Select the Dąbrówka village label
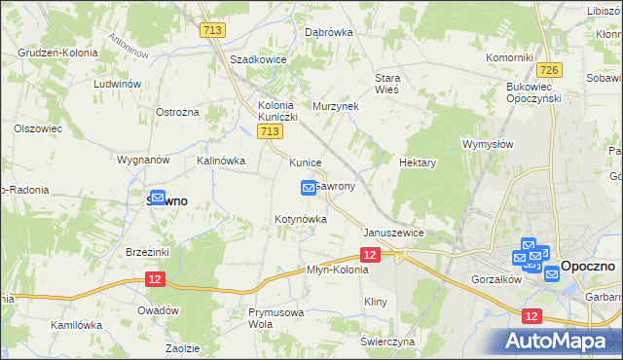328,31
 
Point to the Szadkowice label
257,59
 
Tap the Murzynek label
336,105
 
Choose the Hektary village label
417,163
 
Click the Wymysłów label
488,144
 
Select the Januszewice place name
393,234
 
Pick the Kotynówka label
300,220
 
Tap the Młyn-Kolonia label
338,270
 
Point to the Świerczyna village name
387,342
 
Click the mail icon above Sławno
156,197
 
